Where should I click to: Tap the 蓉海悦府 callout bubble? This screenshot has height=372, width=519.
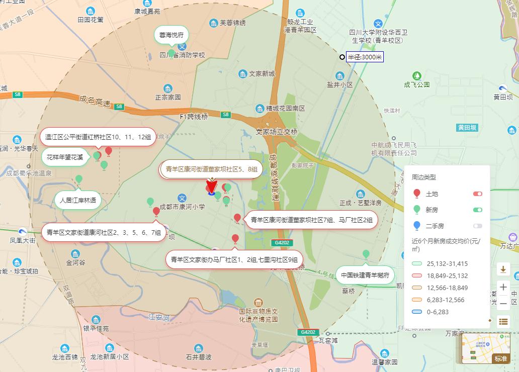click(171, 35)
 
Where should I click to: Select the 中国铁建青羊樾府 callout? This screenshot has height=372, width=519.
click(365, 275)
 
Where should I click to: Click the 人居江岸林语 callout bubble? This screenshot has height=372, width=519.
click(77, 200)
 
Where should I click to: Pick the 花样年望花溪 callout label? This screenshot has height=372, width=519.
click(65, 157)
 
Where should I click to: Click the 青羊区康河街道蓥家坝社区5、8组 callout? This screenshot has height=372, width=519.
click(211, 169)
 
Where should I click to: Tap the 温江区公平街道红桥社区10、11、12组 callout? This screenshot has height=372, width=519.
click(98, 137)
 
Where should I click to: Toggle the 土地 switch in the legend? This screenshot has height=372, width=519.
click(477, 194)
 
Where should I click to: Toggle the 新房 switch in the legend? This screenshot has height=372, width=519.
click(477, 210)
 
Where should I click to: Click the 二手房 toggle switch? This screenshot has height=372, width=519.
click(477, 226)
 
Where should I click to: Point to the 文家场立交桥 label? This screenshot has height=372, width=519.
click(277, 132)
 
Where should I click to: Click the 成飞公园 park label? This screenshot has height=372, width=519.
click(417, 84)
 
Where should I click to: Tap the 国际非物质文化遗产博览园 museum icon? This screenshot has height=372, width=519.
click(258, 303)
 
